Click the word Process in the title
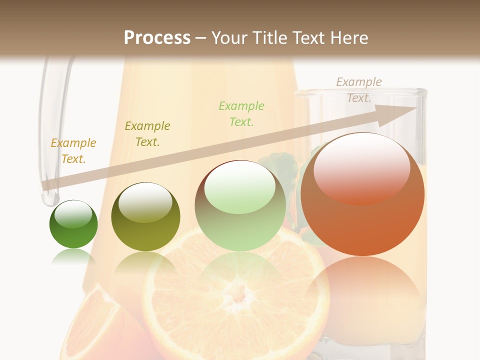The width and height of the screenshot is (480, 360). coord(157,38)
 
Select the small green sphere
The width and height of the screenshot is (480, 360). coord(73,224)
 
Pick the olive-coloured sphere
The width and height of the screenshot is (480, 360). coord(145,217)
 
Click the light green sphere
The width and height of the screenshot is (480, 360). coord(240,206)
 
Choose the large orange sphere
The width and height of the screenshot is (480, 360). coord(362,195)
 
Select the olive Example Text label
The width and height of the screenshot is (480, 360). coord(147,134)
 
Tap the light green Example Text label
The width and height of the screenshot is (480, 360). coord(241,113)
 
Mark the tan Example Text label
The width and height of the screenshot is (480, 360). coord(359,90)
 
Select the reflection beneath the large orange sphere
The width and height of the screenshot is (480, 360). coord(362,290)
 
